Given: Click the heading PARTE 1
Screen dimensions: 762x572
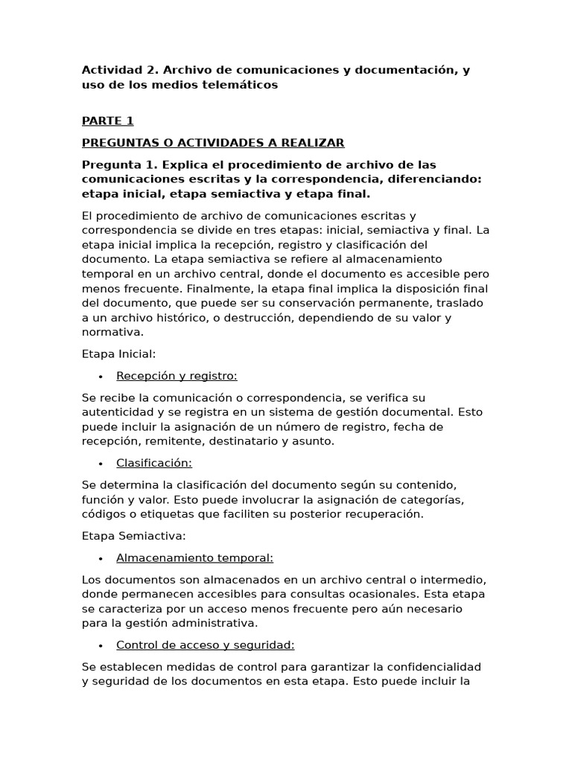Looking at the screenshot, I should (107, 121).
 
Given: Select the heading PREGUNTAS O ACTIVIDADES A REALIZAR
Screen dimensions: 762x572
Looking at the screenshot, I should (213, 143).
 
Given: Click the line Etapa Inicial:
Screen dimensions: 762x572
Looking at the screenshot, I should (118, 354).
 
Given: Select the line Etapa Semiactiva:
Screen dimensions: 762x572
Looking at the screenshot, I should (134, 536).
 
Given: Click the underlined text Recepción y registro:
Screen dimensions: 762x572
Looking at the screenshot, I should (177, 376).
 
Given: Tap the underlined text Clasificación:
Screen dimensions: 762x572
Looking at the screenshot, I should (154, 463).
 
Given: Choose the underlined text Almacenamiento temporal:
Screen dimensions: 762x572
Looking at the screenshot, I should (194, 557).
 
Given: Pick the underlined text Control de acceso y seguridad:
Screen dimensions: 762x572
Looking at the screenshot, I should (206, 644).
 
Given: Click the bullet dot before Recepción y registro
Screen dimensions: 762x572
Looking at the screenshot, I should (100, 377).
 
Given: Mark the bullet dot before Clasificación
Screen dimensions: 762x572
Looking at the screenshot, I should (100, 464).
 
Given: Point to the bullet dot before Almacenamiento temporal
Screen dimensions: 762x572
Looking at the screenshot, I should (100, 558).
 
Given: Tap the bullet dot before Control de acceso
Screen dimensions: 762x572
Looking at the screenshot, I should (100, 645).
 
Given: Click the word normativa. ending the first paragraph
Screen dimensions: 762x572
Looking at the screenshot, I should (112, 333).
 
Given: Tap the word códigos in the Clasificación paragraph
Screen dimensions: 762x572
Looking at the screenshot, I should (105, 514).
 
